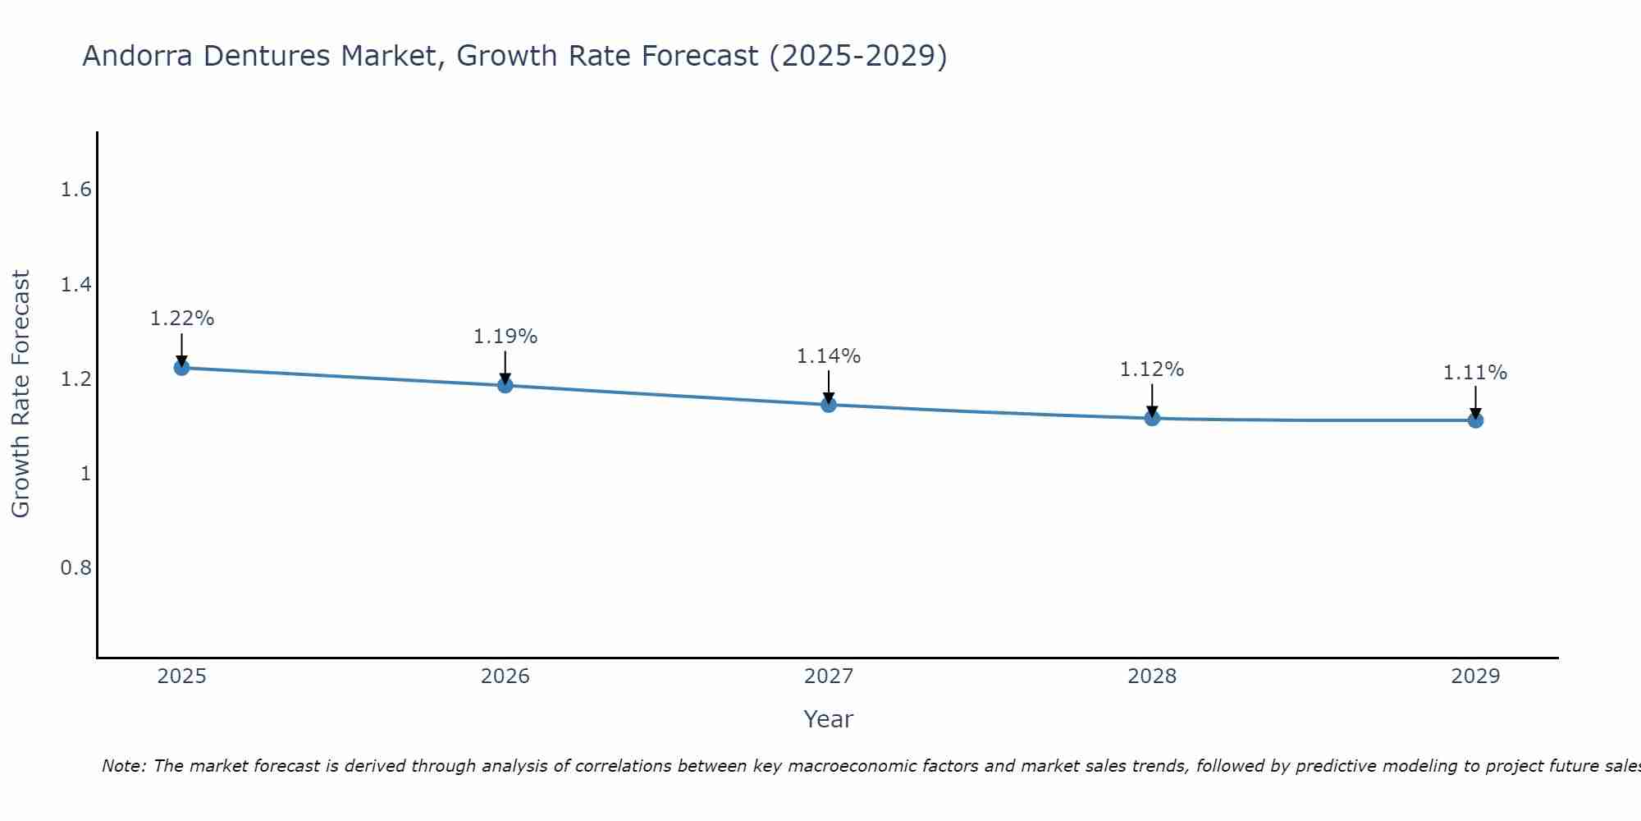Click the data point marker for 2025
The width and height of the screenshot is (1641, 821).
coord(181,367)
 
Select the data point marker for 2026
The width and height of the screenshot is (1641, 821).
coord(505,385)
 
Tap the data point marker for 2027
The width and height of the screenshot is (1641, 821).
coord(828,404)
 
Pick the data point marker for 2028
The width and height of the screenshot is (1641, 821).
coord(1152,418)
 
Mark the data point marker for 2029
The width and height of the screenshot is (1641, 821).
coord(1475,420)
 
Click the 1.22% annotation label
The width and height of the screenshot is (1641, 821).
coord(181,319)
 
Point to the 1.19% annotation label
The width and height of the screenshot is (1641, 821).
coord(505,337)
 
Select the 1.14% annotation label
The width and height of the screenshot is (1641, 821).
coord(828,356)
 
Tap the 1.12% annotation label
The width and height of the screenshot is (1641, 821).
coord(1152,369)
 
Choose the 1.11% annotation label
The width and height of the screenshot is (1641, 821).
coord(1475,373)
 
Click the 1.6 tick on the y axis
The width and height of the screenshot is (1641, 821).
coord(75,190)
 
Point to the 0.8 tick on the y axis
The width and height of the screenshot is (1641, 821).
coord(75,568)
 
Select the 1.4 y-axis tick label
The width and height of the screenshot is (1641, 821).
coord(75,285)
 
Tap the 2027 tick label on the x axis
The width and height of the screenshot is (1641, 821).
coord(828,677)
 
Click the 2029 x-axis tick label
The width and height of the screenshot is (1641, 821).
coord(1475,677)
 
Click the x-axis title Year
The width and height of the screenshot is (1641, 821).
coord(828,719)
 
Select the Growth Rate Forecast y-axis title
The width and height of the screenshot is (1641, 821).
coord(21,394)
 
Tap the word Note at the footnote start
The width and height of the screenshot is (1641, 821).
coord(123,766)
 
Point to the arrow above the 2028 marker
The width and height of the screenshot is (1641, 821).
coord(1152,399)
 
